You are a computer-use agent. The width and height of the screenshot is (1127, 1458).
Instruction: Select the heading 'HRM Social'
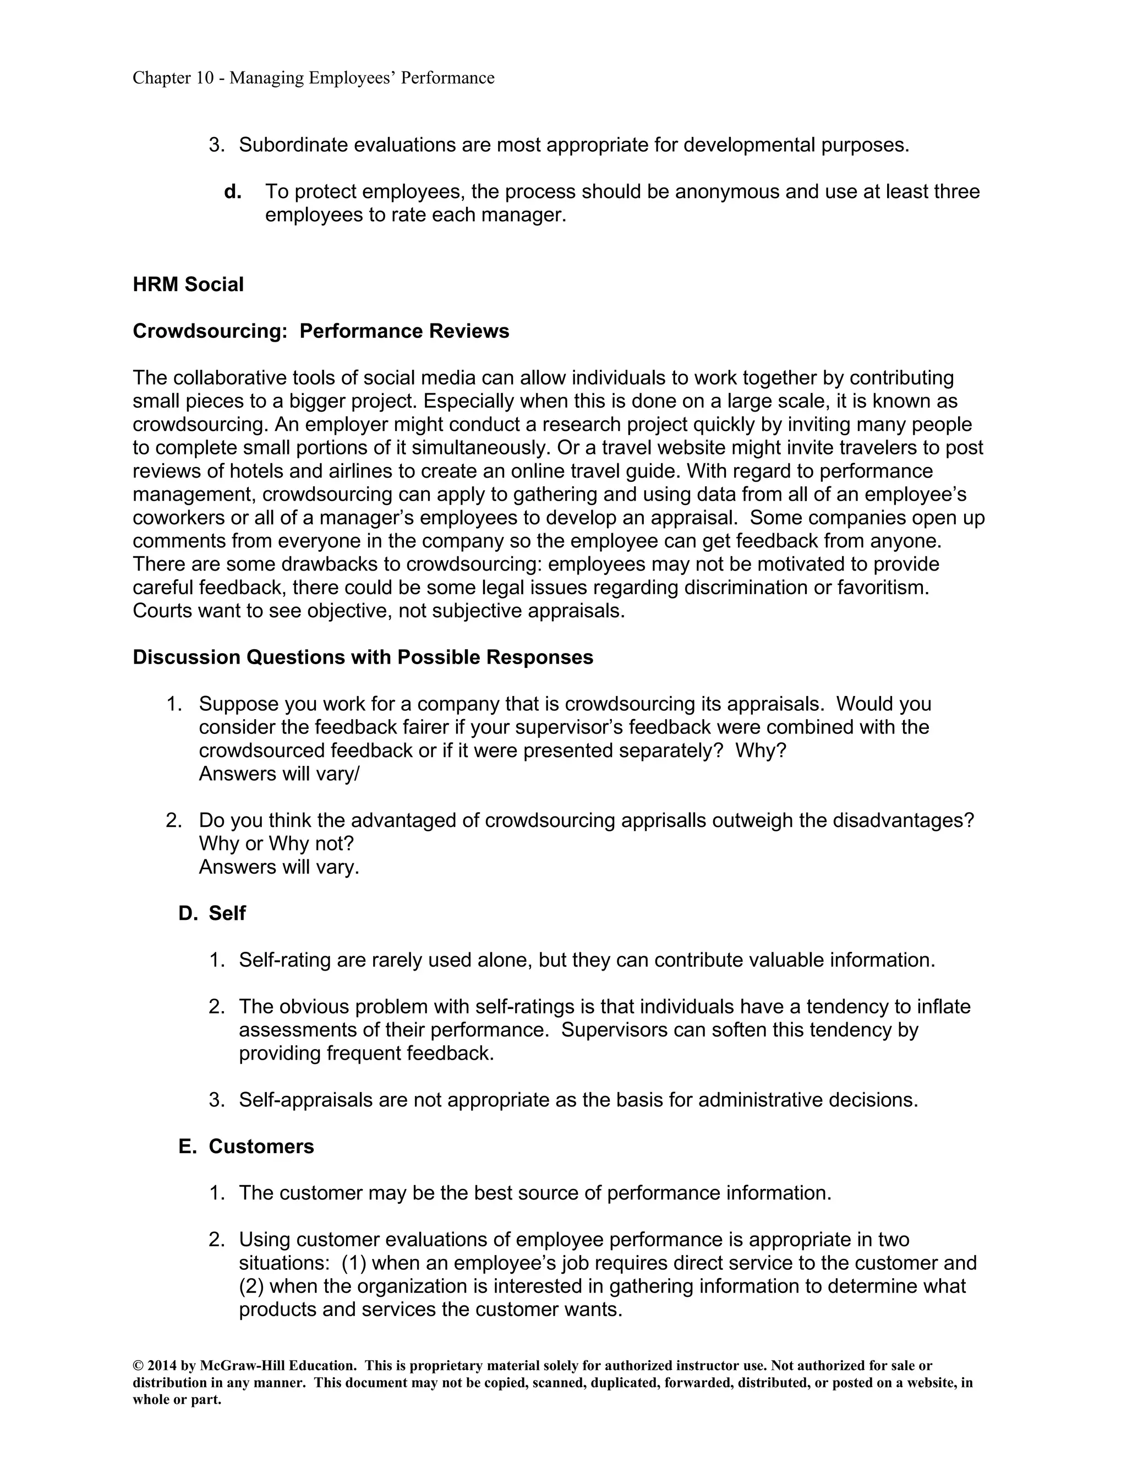(188, 284)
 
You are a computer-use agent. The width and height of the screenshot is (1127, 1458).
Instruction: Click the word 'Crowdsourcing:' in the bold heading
(210, 331)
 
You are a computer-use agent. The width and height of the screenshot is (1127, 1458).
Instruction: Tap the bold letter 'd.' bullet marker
(232, 192)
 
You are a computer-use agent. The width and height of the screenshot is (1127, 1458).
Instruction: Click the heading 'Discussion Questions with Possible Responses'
(363, 657)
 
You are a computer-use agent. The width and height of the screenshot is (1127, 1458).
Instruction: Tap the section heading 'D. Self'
(212, 913)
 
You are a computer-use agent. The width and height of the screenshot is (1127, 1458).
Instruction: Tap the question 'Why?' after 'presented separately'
(761, 750)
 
